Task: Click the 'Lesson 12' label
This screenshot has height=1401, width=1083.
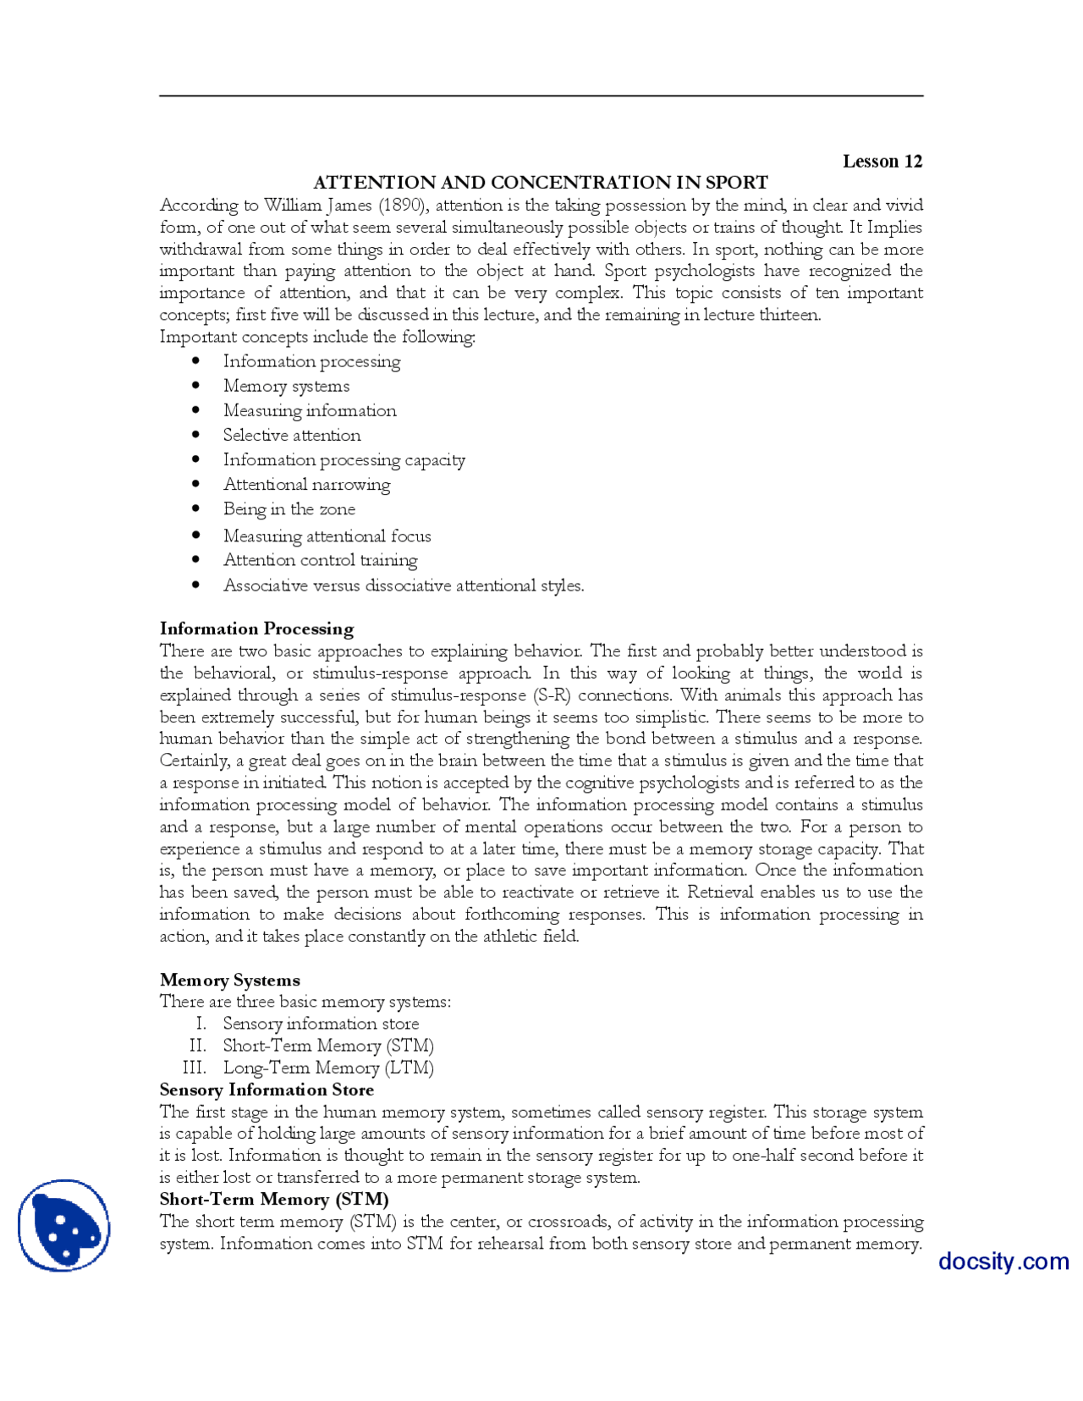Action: click(x=882, y=162)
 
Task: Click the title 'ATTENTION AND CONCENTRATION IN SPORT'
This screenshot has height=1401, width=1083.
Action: click(x=541, y=183)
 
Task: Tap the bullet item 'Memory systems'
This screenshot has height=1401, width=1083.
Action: click(x=286, y=387)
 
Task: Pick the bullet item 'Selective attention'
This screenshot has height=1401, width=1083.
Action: click(x=292, y=436)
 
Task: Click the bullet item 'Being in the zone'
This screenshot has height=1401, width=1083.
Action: click(x=289, y=509)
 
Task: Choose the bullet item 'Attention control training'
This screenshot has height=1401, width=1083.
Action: click(x=320, y=560)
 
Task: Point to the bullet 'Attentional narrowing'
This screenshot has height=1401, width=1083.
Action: click(x=306, y=485)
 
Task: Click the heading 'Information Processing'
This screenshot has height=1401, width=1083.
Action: click(x=256, y=629)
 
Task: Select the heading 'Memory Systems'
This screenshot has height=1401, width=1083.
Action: click(x=229, y=980)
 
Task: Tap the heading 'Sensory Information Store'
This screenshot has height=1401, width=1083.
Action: click(x=267, y=1090)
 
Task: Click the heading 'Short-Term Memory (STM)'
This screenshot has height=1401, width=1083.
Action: click(x=274, y=1199)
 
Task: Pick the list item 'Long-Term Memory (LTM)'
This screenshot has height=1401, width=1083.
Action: click(x=328, y=1068)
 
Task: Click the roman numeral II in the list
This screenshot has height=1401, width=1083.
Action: click(x=197, y=1046)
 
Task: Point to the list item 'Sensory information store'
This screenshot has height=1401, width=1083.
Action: click(x=321, y=1024)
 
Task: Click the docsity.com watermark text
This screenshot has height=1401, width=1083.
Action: click(x=1003, y=1261)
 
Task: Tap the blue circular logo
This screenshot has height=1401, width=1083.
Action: click(x=64, y=1225)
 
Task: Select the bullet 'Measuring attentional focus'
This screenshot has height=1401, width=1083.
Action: click(x=327, y=536)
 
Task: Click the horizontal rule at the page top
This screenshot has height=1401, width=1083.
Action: click(x=541, y=96)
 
